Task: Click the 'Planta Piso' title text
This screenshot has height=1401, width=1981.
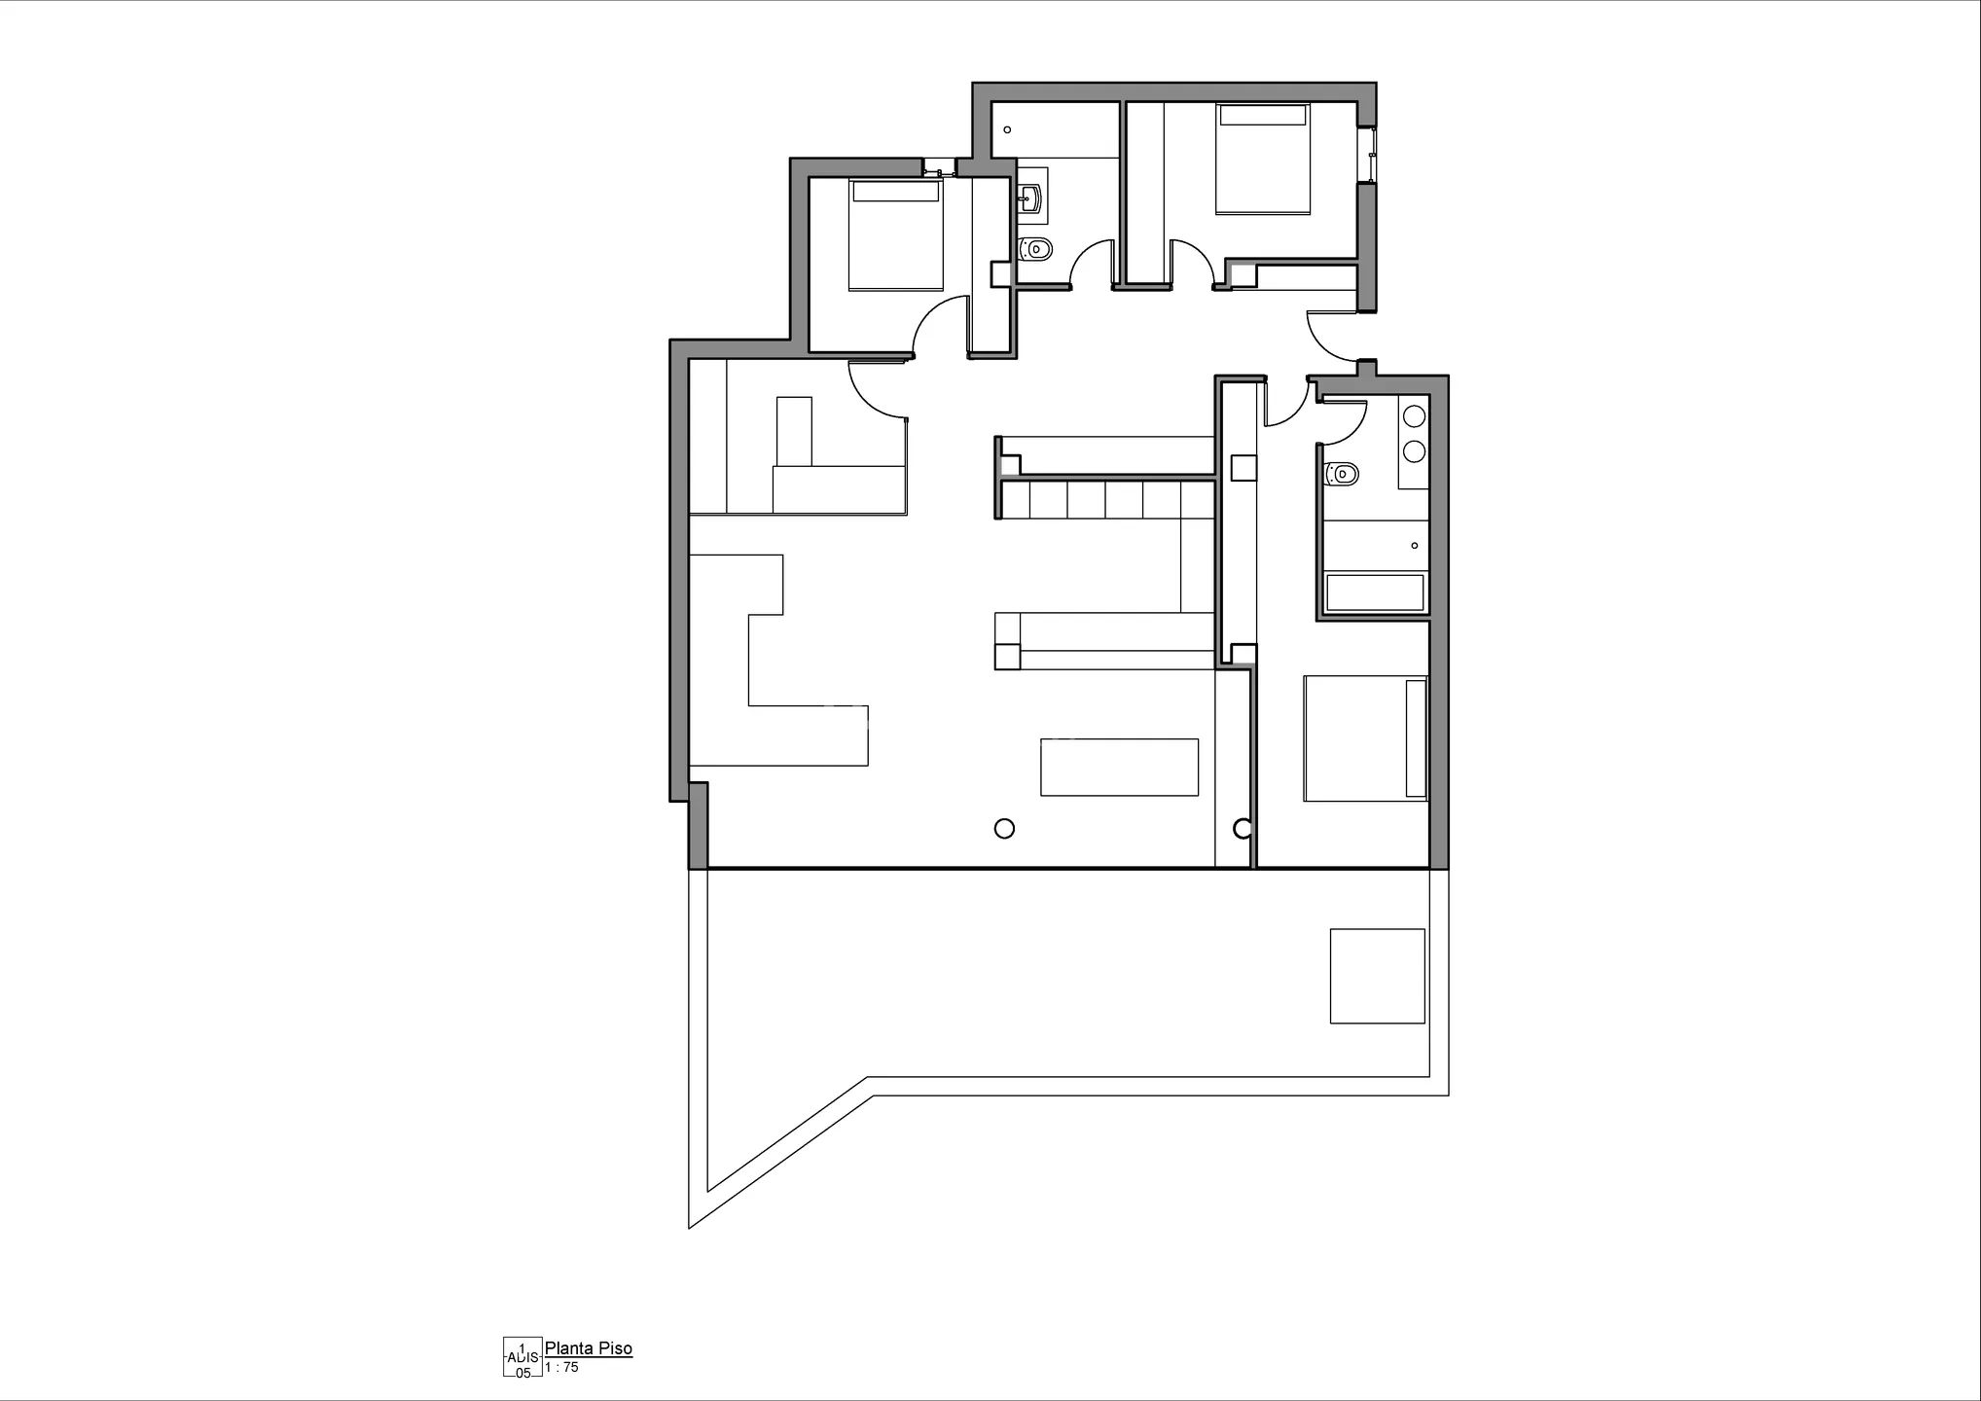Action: pyautogui.click(x=588, y=1348)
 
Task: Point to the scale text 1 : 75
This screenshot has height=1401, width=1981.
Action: pyautogui.click(x=561, y=1367)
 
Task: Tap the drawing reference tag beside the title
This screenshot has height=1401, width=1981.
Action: pyautogui.click(x=522, y=1357)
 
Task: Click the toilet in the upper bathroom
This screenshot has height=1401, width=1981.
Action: pyautogui.click(x=1036, y=249)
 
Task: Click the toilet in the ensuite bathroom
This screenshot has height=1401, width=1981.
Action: pyautogui.click(x=1344, y=474)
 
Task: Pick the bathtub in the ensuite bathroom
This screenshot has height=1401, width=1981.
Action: pyautogui.click(x=1374, y=593)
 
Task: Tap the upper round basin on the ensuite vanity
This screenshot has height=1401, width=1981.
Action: pyautogui.click(x=1414, y=416)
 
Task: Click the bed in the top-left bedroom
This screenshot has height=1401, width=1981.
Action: pyautogui.click(x=895, y=234)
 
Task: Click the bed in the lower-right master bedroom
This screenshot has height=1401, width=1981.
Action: pyautogui.click(x=1365, y=738)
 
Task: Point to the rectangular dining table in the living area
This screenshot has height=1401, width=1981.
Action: pyautogui.click(x=1119, y=768)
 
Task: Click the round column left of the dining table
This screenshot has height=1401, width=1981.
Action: pyautogui.click(x=1005, y=828)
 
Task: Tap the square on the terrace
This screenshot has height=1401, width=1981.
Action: pyautogui.click(x=1377, y=976)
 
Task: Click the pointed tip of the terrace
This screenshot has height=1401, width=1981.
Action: pyautogui.click(x=691, y=1224)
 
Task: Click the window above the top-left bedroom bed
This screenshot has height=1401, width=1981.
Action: pyautogui.click(x=939, y=167)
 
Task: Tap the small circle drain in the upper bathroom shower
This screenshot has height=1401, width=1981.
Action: pyautogui.click(x=1008, y=129)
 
